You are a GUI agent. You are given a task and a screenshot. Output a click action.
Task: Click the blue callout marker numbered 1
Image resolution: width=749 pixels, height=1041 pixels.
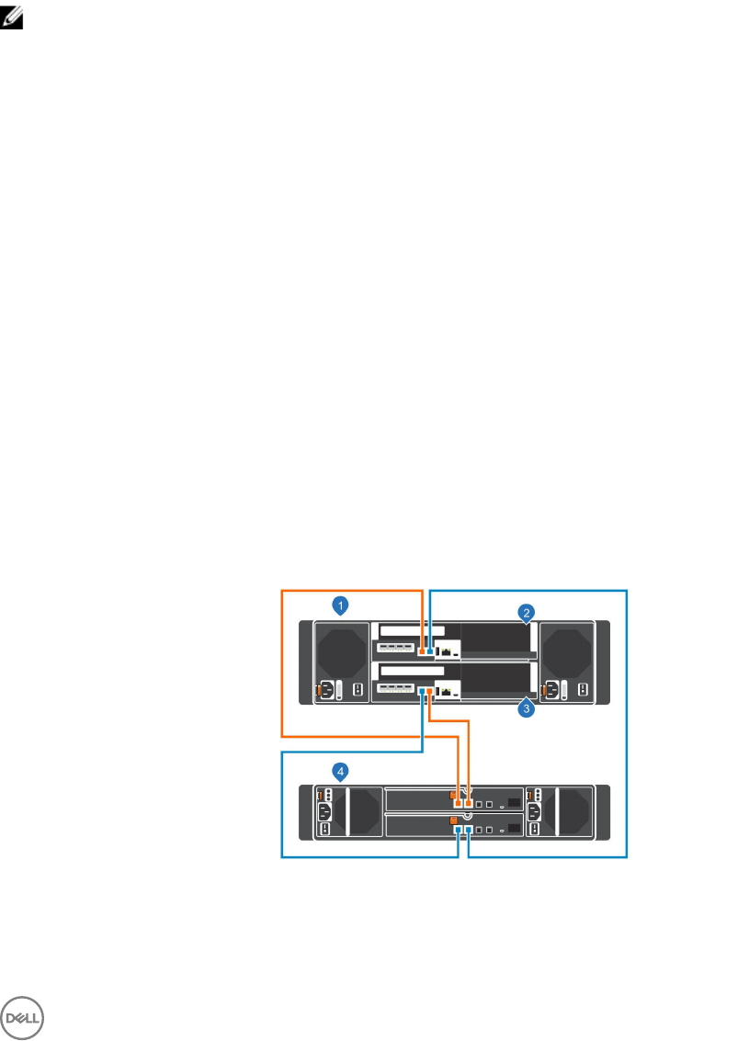(x=341, y=605)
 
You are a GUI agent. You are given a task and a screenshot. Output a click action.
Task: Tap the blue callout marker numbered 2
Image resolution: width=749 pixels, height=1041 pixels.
(x=527, y=611)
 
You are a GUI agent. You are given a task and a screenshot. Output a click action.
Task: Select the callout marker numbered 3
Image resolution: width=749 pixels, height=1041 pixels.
(x=527, y=709)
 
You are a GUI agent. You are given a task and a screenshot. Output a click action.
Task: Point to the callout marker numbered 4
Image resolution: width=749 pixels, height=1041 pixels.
(x=341, y=772)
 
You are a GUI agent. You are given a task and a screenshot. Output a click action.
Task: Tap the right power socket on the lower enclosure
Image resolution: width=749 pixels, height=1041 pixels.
(x=533, y=812)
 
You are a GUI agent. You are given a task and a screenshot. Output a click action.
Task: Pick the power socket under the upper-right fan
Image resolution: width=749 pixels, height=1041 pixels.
(x=551, y=690)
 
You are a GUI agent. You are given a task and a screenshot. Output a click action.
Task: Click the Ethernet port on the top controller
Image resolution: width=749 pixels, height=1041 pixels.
(x=447, y=651)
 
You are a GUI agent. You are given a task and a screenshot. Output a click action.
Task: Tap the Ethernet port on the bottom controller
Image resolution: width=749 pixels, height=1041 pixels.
(x=447, y=691)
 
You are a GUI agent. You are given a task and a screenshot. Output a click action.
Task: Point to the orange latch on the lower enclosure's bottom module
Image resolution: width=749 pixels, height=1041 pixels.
(x=453, y=820)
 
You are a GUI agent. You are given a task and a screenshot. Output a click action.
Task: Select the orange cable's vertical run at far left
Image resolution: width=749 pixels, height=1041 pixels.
(x=281, y=662)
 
